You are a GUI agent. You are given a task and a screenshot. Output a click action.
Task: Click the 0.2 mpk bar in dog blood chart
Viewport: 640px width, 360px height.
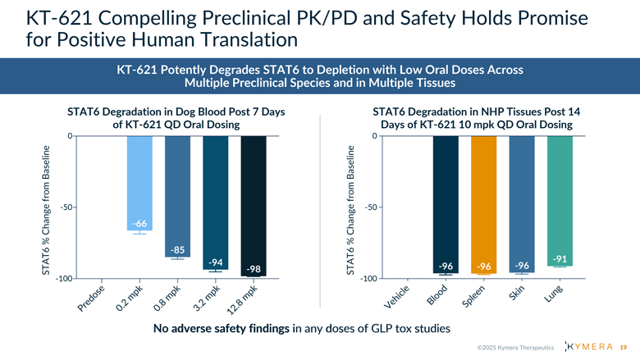pos(139,180)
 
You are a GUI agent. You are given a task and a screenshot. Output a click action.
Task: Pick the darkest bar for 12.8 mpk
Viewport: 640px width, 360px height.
pos(254,201)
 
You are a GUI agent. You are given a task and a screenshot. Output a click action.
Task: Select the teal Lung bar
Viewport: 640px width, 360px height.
pos(560,197)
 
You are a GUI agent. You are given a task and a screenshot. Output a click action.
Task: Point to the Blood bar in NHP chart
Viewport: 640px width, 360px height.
pos(446,201)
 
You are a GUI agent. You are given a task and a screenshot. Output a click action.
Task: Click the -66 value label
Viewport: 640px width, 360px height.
pos(139,225)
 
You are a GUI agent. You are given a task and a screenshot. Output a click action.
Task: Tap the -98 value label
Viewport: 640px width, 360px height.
pos(254,270)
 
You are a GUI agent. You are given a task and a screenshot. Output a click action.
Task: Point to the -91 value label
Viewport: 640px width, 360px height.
pos(560,259)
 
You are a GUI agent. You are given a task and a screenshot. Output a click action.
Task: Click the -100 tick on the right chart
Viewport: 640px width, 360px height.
pos(369,279)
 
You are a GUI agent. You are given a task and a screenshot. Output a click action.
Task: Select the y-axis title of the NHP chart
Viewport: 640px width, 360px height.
pos(351,209)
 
